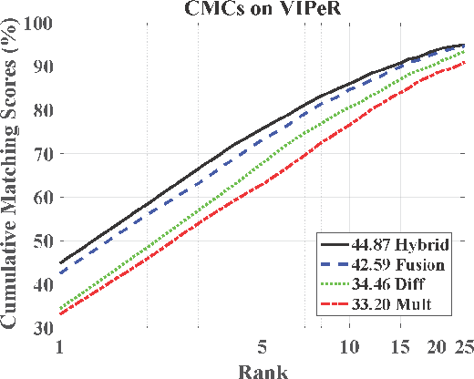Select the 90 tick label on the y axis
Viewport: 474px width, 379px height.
42,66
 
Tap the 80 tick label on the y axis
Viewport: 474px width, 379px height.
42,109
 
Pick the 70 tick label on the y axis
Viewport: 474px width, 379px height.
42,153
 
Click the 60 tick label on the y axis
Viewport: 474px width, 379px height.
42,197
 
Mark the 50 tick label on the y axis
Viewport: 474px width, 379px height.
42,241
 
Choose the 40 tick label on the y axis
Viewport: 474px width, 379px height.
42,284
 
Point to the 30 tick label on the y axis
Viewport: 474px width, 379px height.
42,327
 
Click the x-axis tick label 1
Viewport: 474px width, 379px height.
59,346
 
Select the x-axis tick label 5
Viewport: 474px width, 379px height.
263,346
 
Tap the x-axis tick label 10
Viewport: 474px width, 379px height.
349,346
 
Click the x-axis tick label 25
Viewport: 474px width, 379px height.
463,346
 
